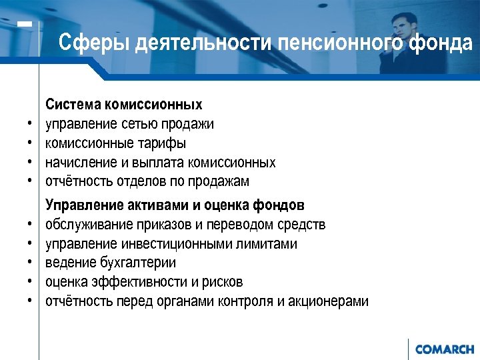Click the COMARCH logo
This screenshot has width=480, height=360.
(444, 349)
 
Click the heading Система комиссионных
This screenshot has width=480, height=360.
(123, 105)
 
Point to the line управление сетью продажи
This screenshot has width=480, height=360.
(129, 124)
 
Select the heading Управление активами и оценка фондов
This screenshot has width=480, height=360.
(175, 205)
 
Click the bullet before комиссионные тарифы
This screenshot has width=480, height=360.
(31, 144)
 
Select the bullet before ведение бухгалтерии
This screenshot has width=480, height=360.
(31, 263)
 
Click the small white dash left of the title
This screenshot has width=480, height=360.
(25, 24)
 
